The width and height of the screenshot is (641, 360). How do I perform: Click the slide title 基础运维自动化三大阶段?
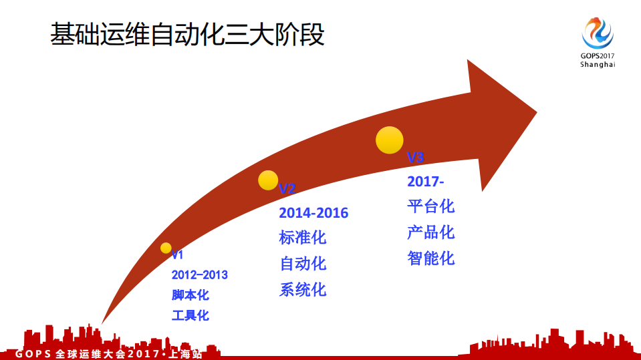click(x=187, y=34)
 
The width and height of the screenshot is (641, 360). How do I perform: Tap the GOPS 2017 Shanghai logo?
click(x=597, y=41)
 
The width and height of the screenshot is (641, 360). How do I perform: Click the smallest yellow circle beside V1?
click(x=166, y=248)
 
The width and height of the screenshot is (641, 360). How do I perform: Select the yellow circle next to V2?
click(x=268, y=180)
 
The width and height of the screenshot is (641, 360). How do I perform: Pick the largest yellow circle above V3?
click(x=390, y=140)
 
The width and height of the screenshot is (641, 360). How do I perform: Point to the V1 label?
click(x=177, y=255)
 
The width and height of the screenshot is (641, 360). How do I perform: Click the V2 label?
click(x=287, y=189)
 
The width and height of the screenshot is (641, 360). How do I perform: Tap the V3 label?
click(x=416, y=158)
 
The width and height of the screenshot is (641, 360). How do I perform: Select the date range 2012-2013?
click(x=199, y=275)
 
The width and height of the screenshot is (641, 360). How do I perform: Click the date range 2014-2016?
click(x=313, y=213)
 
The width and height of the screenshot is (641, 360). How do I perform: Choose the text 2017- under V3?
click(x=426, y=182)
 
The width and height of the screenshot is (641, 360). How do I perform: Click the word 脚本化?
click(x=190, y=295)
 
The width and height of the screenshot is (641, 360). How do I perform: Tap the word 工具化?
click(x=190, y=315)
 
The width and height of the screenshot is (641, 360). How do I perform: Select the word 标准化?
click(x=303, y=238)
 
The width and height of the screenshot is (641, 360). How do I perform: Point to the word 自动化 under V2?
click(x=303, y=264)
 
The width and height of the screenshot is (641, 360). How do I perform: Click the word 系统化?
click(x=303, y=290)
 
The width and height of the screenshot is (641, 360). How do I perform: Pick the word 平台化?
click(x=431, y=206)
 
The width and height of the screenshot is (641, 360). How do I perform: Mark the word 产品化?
click(x=431, y=232)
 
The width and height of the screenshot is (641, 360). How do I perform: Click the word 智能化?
click(x=431, y=258)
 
